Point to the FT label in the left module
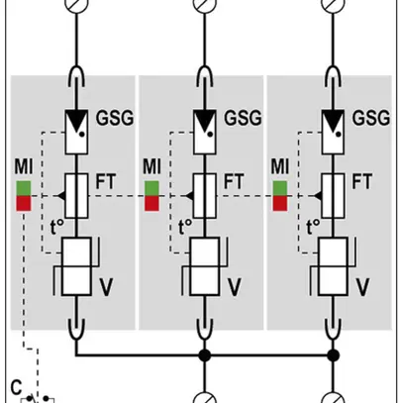[x=107, y=183]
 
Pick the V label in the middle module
[x=235, y=288]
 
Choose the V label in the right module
[x=362, y=288]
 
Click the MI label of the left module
[x=24, y=164]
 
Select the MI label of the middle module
[x=151, y=164]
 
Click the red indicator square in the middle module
[x=151, y=203]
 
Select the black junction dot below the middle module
[x=203, y=353]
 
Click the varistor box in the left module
[x=76, y=265]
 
